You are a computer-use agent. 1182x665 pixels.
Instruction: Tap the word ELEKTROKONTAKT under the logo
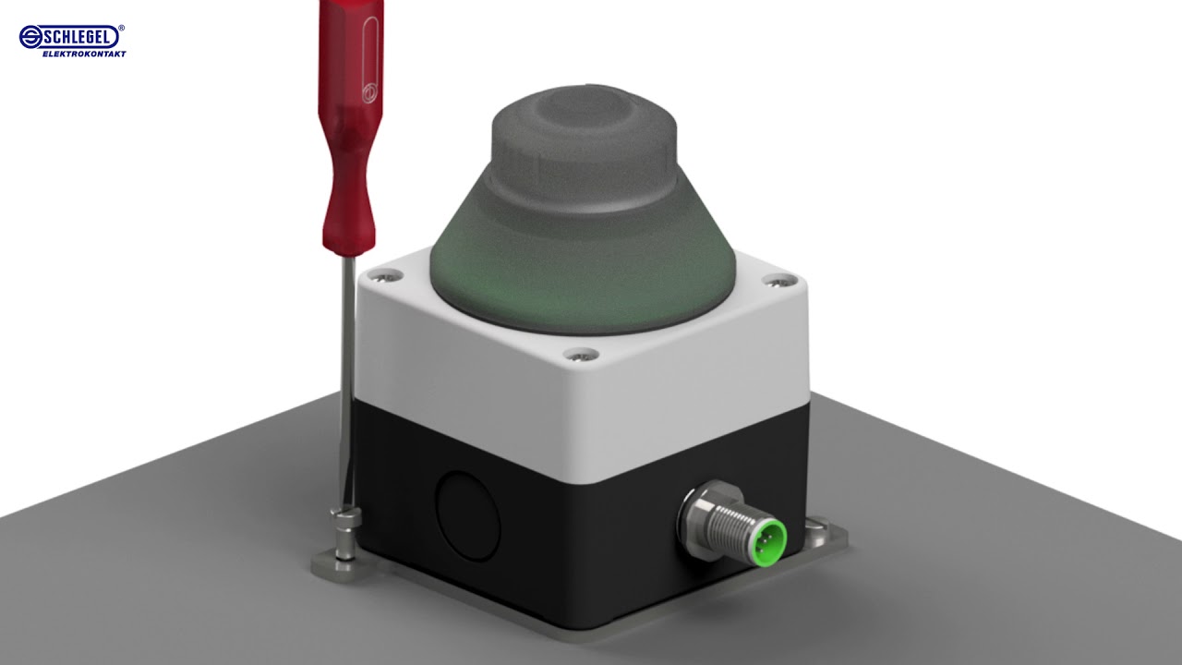tap(84, 54)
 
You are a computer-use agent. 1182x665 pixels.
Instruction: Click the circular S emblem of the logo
tap(30, 36)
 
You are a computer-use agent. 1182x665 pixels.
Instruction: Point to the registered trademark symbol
tap(121, 29)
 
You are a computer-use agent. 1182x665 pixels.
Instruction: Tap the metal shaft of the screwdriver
tap(347, 369)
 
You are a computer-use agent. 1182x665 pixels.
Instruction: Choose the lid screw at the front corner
tap(580, 354)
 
